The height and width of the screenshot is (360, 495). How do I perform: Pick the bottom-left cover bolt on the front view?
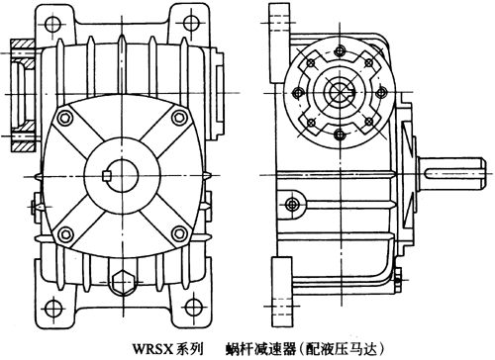tap(64, 234)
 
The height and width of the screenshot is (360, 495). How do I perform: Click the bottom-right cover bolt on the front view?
tap(178, 234)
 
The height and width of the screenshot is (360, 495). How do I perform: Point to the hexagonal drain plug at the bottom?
tap(121, 281)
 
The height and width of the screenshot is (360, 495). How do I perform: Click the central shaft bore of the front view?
tap(121, 175)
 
